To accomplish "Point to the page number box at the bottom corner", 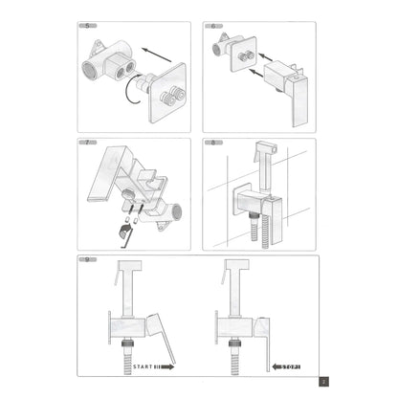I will click(x=324, y=381).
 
